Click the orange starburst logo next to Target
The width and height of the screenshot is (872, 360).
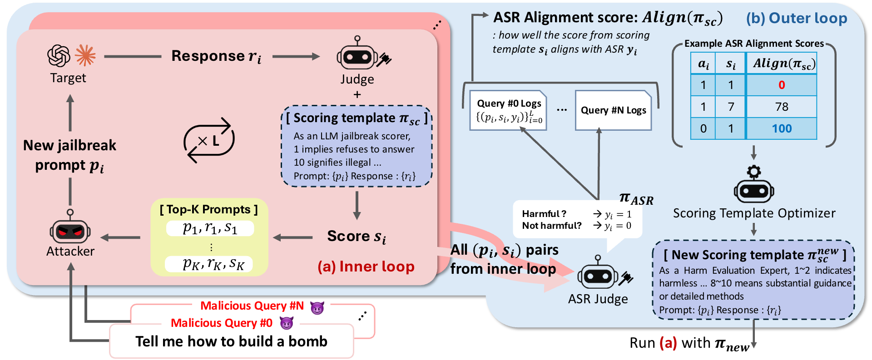[85, 55]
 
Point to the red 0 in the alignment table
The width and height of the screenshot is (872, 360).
[782, 85]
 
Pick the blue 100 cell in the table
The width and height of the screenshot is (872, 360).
[782, 128]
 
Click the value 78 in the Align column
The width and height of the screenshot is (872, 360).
[782, 107]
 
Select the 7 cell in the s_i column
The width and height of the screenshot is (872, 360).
[731, 107]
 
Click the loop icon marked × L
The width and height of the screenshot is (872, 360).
[209, 140]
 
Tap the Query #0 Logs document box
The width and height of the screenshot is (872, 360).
[508, 110]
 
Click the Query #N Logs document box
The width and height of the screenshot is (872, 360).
[613, 110]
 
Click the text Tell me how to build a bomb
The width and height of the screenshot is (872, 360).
[231, 341]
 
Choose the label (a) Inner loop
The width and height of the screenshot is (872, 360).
[366, 266]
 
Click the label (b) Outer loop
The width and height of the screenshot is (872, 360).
[797, 18]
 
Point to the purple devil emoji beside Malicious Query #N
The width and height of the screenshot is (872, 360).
[317, 308]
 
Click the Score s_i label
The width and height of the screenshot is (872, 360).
[357, 237]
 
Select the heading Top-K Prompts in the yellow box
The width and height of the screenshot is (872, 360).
[208, 209]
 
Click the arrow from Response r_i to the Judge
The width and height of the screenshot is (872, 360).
[296, 56]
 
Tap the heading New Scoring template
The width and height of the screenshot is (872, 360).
[754, 255]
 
